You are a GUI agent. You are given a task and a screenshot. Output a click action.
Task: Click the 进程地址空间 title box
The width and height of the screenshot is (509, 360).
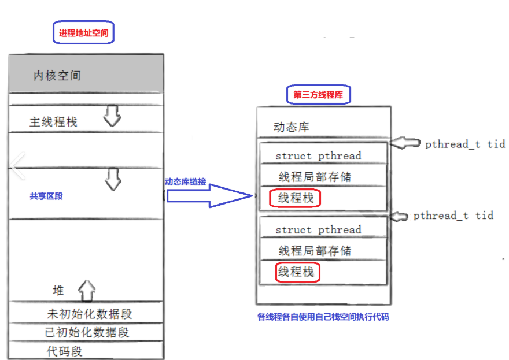pyautogui.click(x=84, y=34)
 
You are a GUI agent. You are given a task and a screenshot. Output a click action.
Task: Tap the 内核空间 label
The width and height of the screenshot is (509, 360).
pyautogui.click(x=57, y=76)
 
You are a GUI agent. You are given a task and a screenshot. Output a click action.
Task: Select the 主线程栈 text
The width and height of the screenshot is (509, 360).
pyautogui.click(x=53, y=122)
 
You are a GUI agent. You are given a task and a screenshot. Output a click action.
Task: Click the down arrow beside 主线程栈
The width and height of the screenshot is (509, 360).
pyautogui.click(x=112, y=118)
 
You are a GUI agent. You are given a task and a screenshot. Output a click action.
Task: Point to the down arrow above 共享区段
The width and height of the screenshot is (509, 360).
pyautogui.click(x=113, y=179)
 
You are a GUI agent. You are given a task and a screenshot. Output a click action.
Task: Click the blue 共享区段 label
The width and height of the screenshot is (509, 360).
pyautogui.click(x=46, y=196)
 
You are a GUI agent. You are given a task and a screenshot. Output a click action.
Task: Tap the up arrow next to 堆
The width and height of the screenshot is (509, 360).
pyautogui.click(x=87, y=290)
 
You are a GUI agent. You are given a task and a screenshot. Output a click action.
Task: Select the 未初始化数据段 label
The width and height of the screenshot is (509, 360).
pyautogui.click(x=90, y=314)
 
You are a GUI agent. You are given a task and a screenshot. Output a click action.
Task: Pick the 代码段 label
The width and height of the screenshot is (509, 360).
pyautogui.click(x=65, y=351)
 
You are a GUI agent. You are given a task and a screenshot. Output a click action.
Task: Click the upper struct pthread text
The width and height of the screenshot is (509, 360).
pyautogui.click(x=318, y=155)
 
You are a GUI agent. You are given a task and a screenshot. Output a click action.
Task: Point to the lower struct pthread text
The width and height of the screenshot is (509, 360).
pyautogui.click(x=318, y=229)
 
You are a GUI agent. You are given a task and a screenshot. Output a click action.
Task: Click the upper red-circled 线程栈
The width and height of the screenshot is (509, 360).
pyautogui.click(x=296, y=198)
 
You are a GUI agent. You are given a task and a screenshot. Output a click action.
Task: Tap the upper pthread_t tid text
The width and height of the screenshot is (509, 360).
pyautogui.click(x=465, y=144)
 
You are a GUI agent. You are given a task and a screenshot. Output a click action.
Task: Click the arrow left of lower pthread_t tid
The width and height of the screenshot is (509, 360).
pyautogui.click(x=400, y=216)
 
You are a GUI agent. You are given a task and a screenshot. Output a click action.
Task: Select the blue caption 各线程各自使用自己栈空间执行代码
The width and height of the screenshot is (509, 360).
pyautogui.click(x=327, y=317)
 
